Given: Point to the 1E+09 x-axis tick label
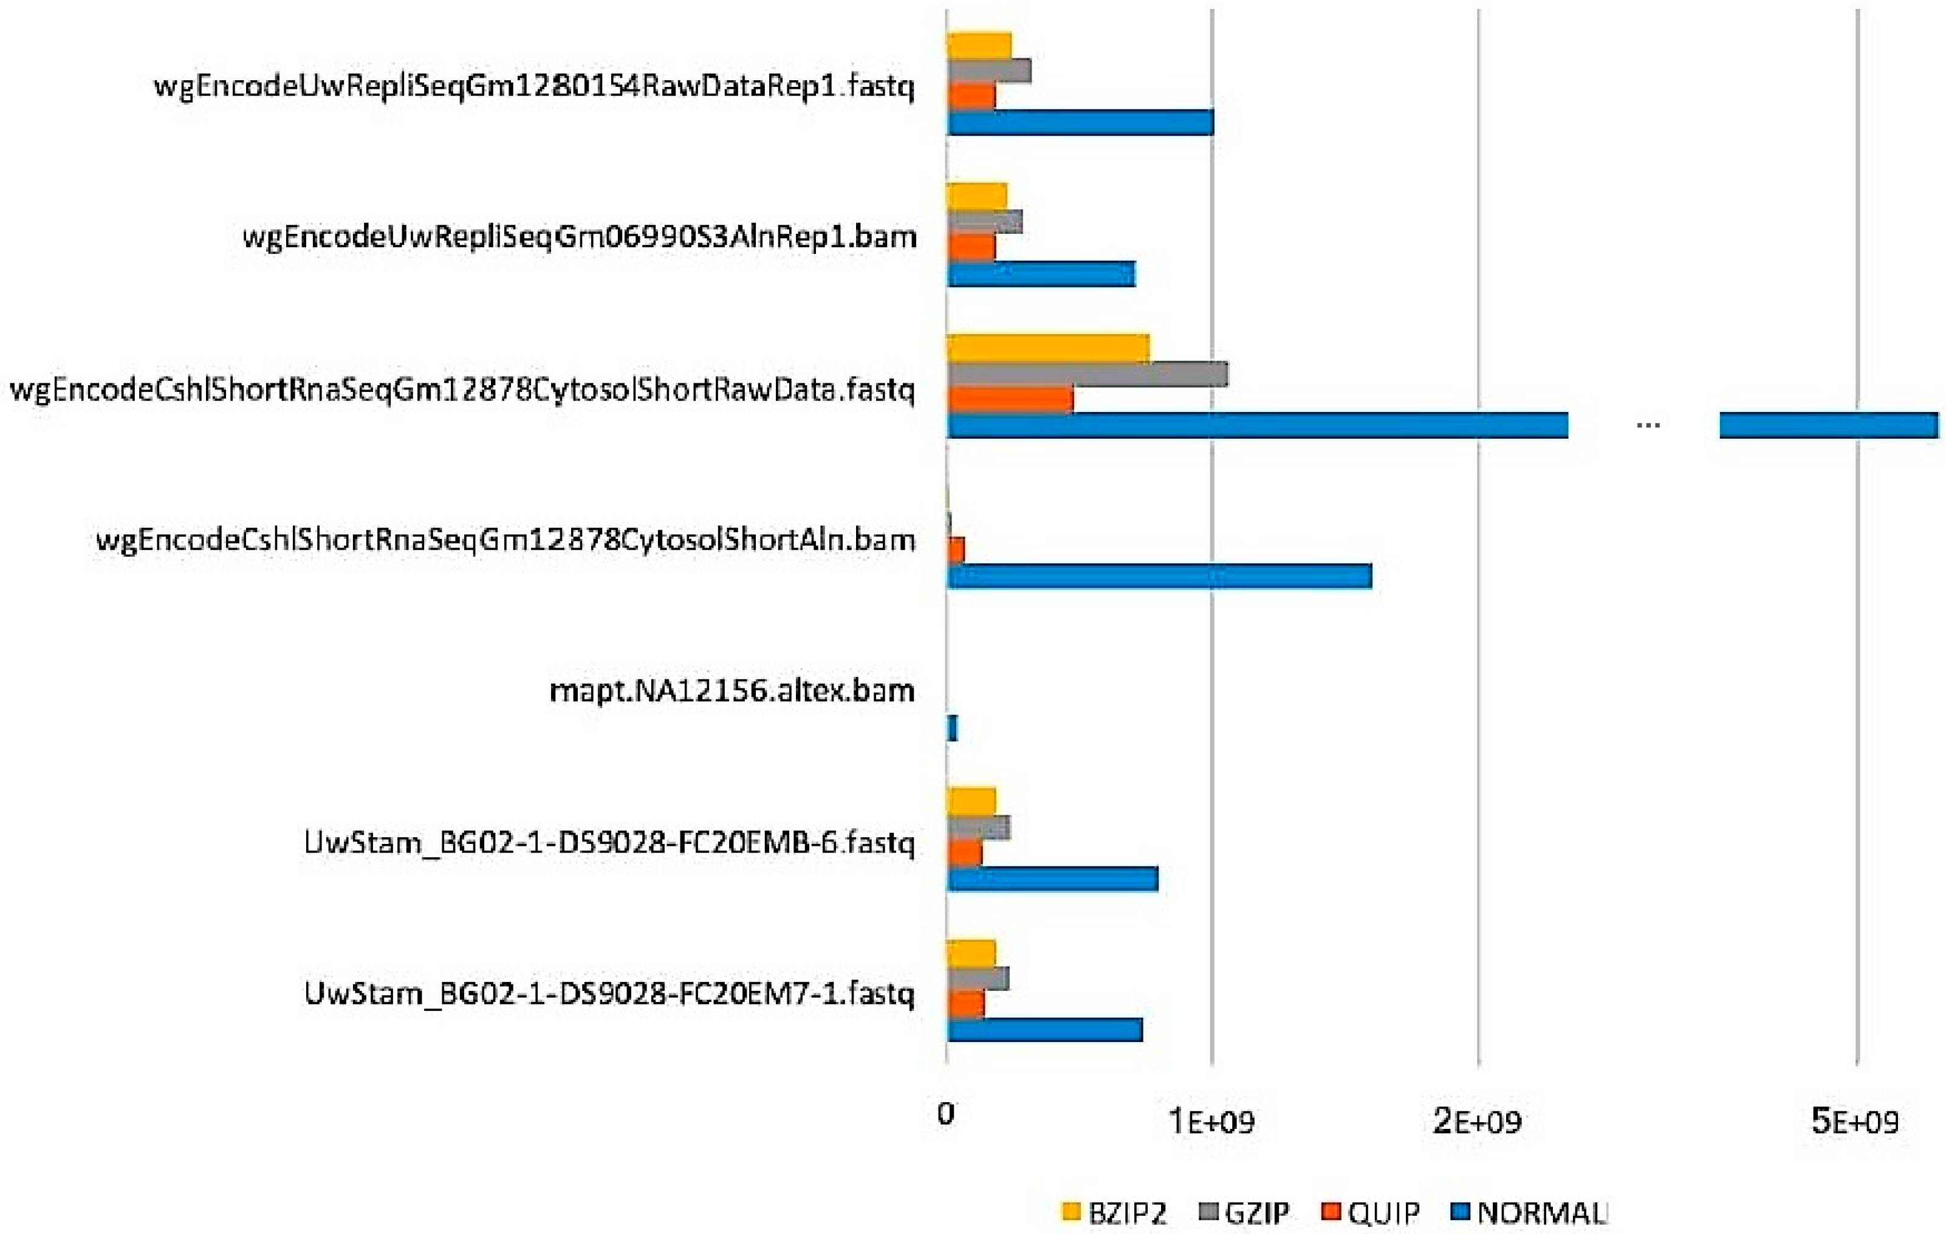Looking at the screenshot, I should [x=1212, y=1122].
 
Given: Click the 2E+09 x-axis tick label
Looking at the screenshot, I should [x=1478, y=1122].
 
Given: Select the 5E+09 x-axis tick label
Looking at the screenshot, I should [x=1855, y=1122].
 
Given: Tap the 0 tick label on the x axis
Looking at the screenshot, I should [x=945, y=1114].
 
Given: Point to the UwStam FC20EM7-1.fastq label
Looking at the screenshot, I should [x=609, y=993].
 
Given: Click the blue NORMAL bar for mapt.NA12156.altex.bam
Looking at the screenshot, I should [x=952, y=728].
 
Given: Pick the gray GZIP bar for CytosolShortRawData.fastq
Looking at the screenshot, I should [x=1087, y=374].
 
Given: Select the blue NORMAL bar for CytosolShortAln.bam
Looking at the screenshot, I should [x=1159, y=576].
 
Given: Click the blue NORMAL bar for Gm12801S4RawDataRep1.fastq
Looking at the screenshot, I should [x=1080, y=123].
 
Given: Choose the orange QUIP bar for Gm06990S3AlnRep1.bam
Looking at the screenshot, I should [x=971, y=248].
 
